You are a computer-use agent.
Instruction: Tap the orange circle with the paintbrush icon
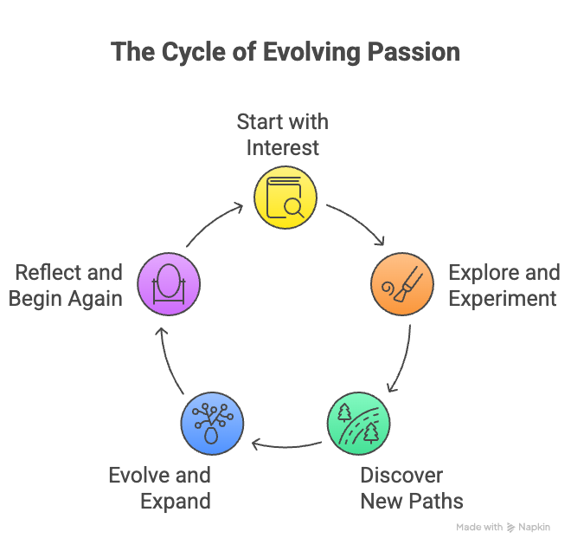coord(402,285)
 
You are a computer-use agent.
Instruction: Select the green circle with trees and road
coord(358,423)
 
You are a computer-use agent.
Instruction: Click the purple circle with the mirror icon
coord(169,285)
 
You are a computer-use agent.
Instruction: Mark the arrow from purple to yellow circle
coord(212,224)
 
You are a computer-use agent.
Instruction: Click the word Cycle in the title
coord(195,51)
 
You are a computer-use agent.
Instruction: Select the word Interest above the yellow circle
coord(283,147)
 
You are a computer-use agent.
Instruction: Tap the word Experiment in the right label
coord(502,299)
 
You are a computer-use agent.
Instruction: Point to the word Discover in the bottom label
coord(401,476)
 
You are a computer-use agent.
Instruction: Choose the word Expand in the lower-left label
coord(176,501)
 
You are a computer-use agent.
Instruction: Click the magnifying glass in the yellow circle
coord(292,206)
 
